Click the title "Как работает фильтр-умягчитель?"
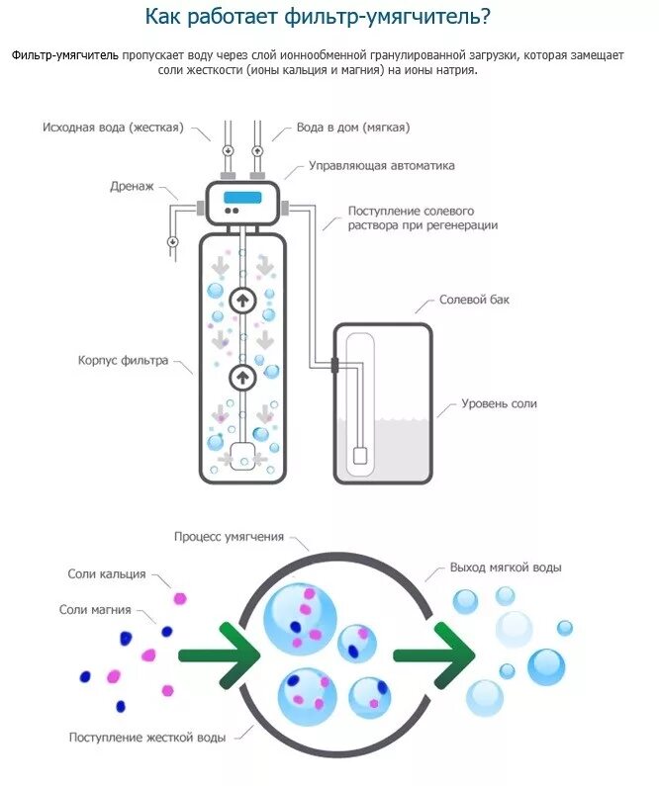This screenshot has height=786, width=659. (x=329, y=17)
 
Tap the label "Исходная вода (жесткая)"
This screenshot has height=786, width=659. (x=112, y=128)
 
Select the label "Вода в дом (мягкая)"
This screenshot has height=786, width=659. (x=353, y=128)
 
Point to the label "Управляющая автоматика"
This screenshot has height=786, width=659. (x=381, y=165)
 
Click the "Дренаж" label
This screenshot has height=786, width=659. (x=132, y=186)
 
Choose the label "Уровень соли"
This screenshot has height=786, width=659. (x=500, y=403)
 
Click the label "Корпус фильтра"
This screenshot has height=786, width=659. (x=124, y=360)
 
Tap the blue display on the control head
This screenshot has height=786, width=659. (x=242, y=197)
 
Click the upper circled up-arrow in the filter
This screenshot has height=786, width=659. (x=242, y=299)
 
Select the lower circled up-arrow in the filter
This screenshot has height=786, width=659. (x=242, y=377)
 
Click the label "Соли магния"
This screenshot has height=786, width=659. (x=95, y=610)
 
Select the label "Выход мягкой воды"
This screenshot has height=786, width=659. (x=506, y=568)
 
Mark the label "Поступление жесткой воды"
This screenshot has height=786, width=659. (x=147, y=737)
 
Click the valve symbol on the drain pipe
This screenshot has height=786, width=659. (x=172, y=241)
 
